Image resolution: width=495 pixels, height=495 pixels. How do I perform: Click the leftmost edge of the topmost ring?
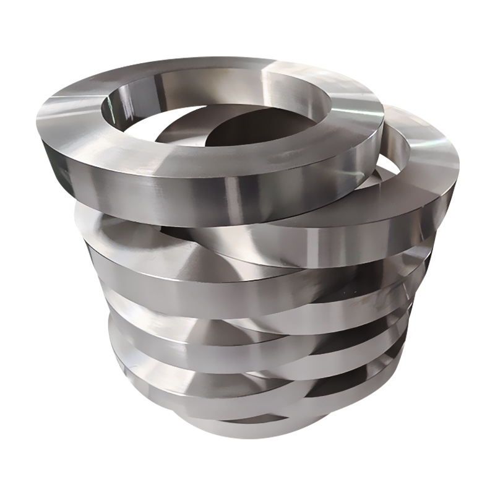coord(38,124)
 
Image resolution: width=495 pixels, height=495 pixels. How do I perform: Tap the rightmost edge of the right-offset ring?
coord(458,167)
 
